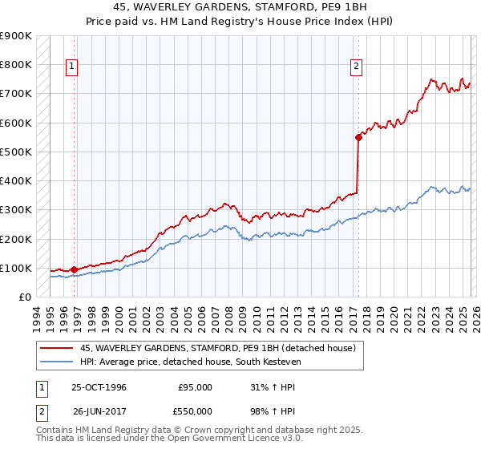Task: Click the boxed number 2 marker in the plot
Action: click(x=356, y=67)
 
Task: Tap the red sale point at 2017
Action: click(x=358, y=137)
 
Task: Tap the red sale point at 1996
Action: click(x=74, y=269)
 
